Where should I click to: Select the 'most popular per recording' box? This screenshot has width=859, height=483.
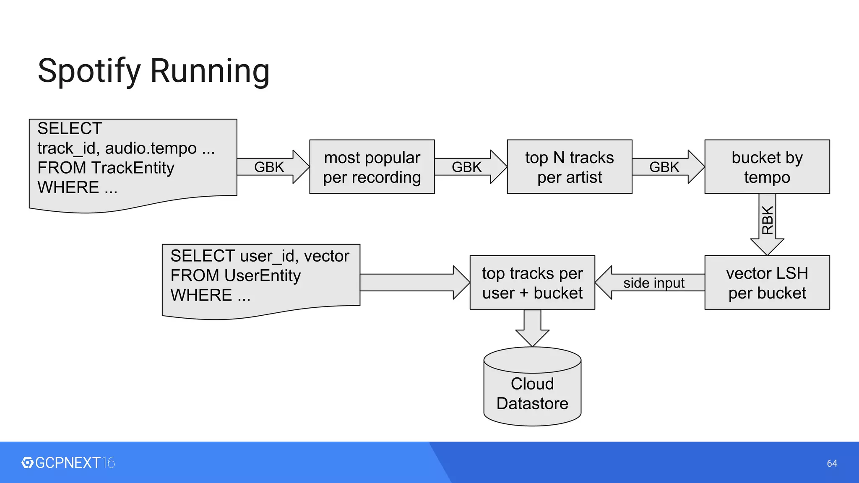tap(372, 167)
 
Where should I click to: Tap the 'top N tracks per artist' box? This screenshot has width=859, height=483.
tap(569, 167)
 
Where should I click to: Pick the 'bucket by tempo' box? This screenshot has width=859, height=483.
tap(767, 167)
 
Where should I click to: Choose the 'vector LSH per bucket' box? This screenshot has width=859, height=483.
tap(767, 283)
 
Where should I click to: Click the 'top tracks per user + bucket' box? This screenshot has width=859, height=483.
tap(532, 283)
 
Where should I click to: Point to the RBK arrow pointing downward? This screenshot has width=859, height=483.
tap(767, 222)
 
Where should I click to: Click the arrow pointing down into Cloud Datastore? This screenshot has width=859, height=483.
tap(532, 327)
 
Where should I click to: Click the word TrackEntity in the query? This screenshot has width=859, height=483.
tap(133, 168)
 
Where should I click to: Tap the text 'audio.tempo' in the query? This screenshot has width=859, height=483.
tap(151, 148)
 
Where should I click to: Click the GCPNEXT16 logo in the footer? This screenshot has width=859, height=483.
tap(68, 463)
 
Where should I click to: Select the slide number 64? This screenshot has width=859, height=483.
tap(832, 463)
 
